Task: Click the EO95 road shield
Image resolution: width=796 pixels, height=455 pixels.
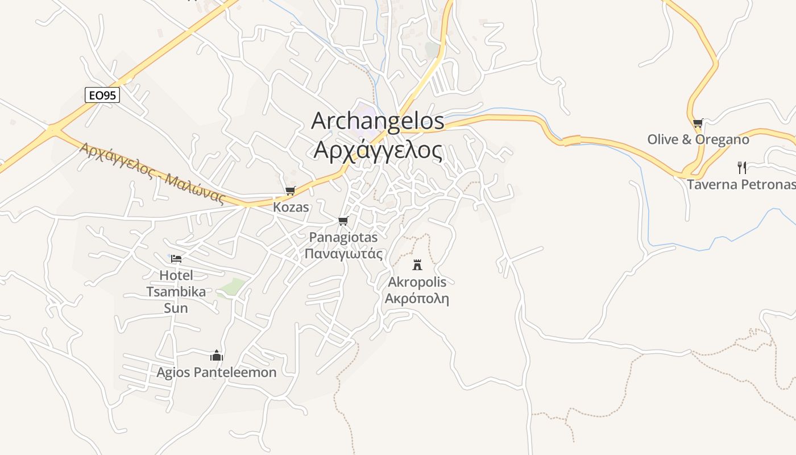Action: pyautogui.click(x=102, y=95)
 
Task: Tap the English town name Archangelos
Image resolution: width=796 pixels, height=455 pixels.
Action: pyautogui.click(x=378, y=121)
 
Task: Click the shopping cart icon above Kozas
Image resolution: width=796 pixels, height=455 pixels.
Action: pyautogui.click(x=291, y=191)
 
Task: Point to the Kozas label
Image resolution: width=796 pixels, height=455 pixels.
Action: pyautogui.click(x=291, y=207)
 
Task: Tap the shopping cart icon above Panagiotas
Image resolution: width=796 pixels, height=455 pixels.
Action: pyautogui.click(x=343, y=221)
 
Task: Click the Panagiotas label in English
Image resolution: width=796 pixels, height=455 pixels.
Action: pyautogui.click(x=343, y=237)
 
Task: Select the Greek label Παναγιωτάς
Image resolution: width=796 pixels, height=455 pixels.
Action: pyautogui.click(x=343, y=254)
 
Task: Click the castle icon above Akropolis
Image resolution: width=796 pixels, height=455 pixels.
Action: pyautogui.click(x=417, y=264)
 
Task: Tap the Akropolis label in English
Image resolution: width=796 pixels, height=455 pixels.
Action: pyautogui.click(x=417, y=282)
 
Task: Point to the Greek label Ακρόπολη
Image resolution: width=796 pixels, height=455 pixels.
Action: pyautogui.click(x=417, y=299)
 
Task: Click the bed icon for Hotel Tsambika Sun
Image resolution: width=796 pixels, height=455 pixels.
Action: pyautogui.click(x=176, y=259)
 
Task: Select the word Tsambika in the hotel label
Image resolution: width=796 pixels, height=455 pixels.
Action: pyautogui.click(x=176, y=292)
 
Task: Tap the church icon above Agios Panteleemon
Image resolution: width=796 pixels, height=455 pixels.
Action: pyautogui.click(x=217, y=356)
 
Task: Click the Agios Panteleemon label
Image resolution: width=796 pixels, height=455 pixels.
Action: pyautogui.click(x=217, y=373)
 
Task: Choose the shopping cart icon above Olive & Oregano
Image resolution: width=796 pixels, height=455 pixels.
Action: pyautogui.click(x=698, y=123)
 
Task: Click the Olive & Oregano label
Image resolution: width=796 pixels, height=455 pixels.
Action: pyautogui.click(x=698, y=139)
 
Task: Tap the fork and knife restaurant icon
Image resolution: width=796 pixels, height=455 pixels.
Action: pyautogui.click(x=741, y=167)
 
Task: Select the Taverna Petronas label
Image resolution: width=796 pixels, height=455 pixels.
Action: pyautogui.click(x=740, y=184)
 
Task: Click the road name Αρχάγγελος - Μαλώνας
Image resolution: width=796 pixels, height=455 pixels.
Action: pyautogui.click(x=152, y=173)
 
